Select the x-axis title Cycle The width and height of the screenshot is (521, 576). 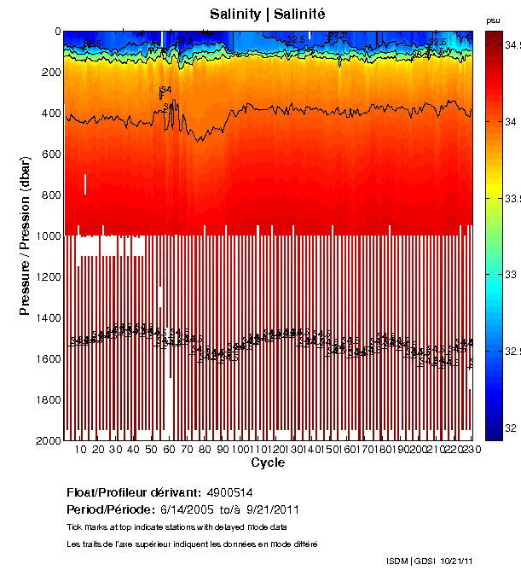click(x=268, y=463)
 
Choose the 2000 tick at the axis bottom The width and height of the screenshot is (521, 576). click(x=48, y=440)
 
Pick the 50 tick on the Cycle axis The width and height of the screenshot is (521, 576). click(x=151, y=449)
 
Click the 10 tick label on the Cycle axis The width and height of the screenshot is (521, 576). click(x=81, y=449)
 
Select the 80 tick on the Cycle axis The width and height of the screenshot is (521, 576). click(x=204, y=449)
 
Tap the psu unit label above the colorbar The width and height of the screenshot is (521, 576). click(x=493, y=20)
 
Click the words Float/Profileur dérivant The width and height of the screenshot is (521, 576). click(x=131, y=493)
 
